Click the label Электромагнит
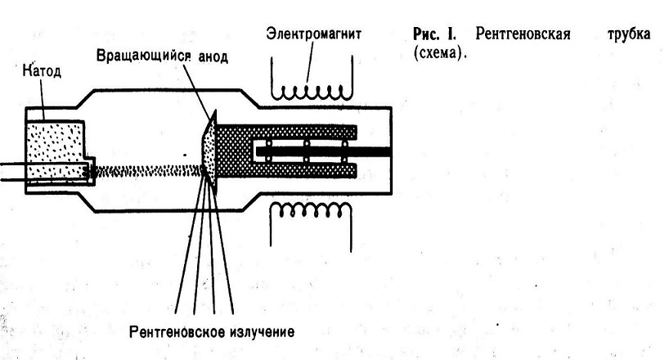click(313, 34)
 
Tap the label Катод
click(42, 70)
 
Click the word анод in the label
click(213, 56)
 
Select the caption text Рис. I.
click(434, 34)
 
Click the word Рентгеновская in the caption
click(523, 34)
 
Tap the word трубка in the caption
click(629, 34)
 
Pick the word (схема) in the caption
click(440, 53)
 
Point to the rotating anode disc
click(209, 152)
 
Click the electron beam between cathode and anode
click(147, 172)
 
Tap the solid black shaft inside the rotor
click(323, 151)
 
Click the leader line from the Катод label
click(43, 99)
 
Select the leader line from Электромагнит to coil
click(310, 62)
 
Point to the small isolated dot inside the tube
click(185, 154)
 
